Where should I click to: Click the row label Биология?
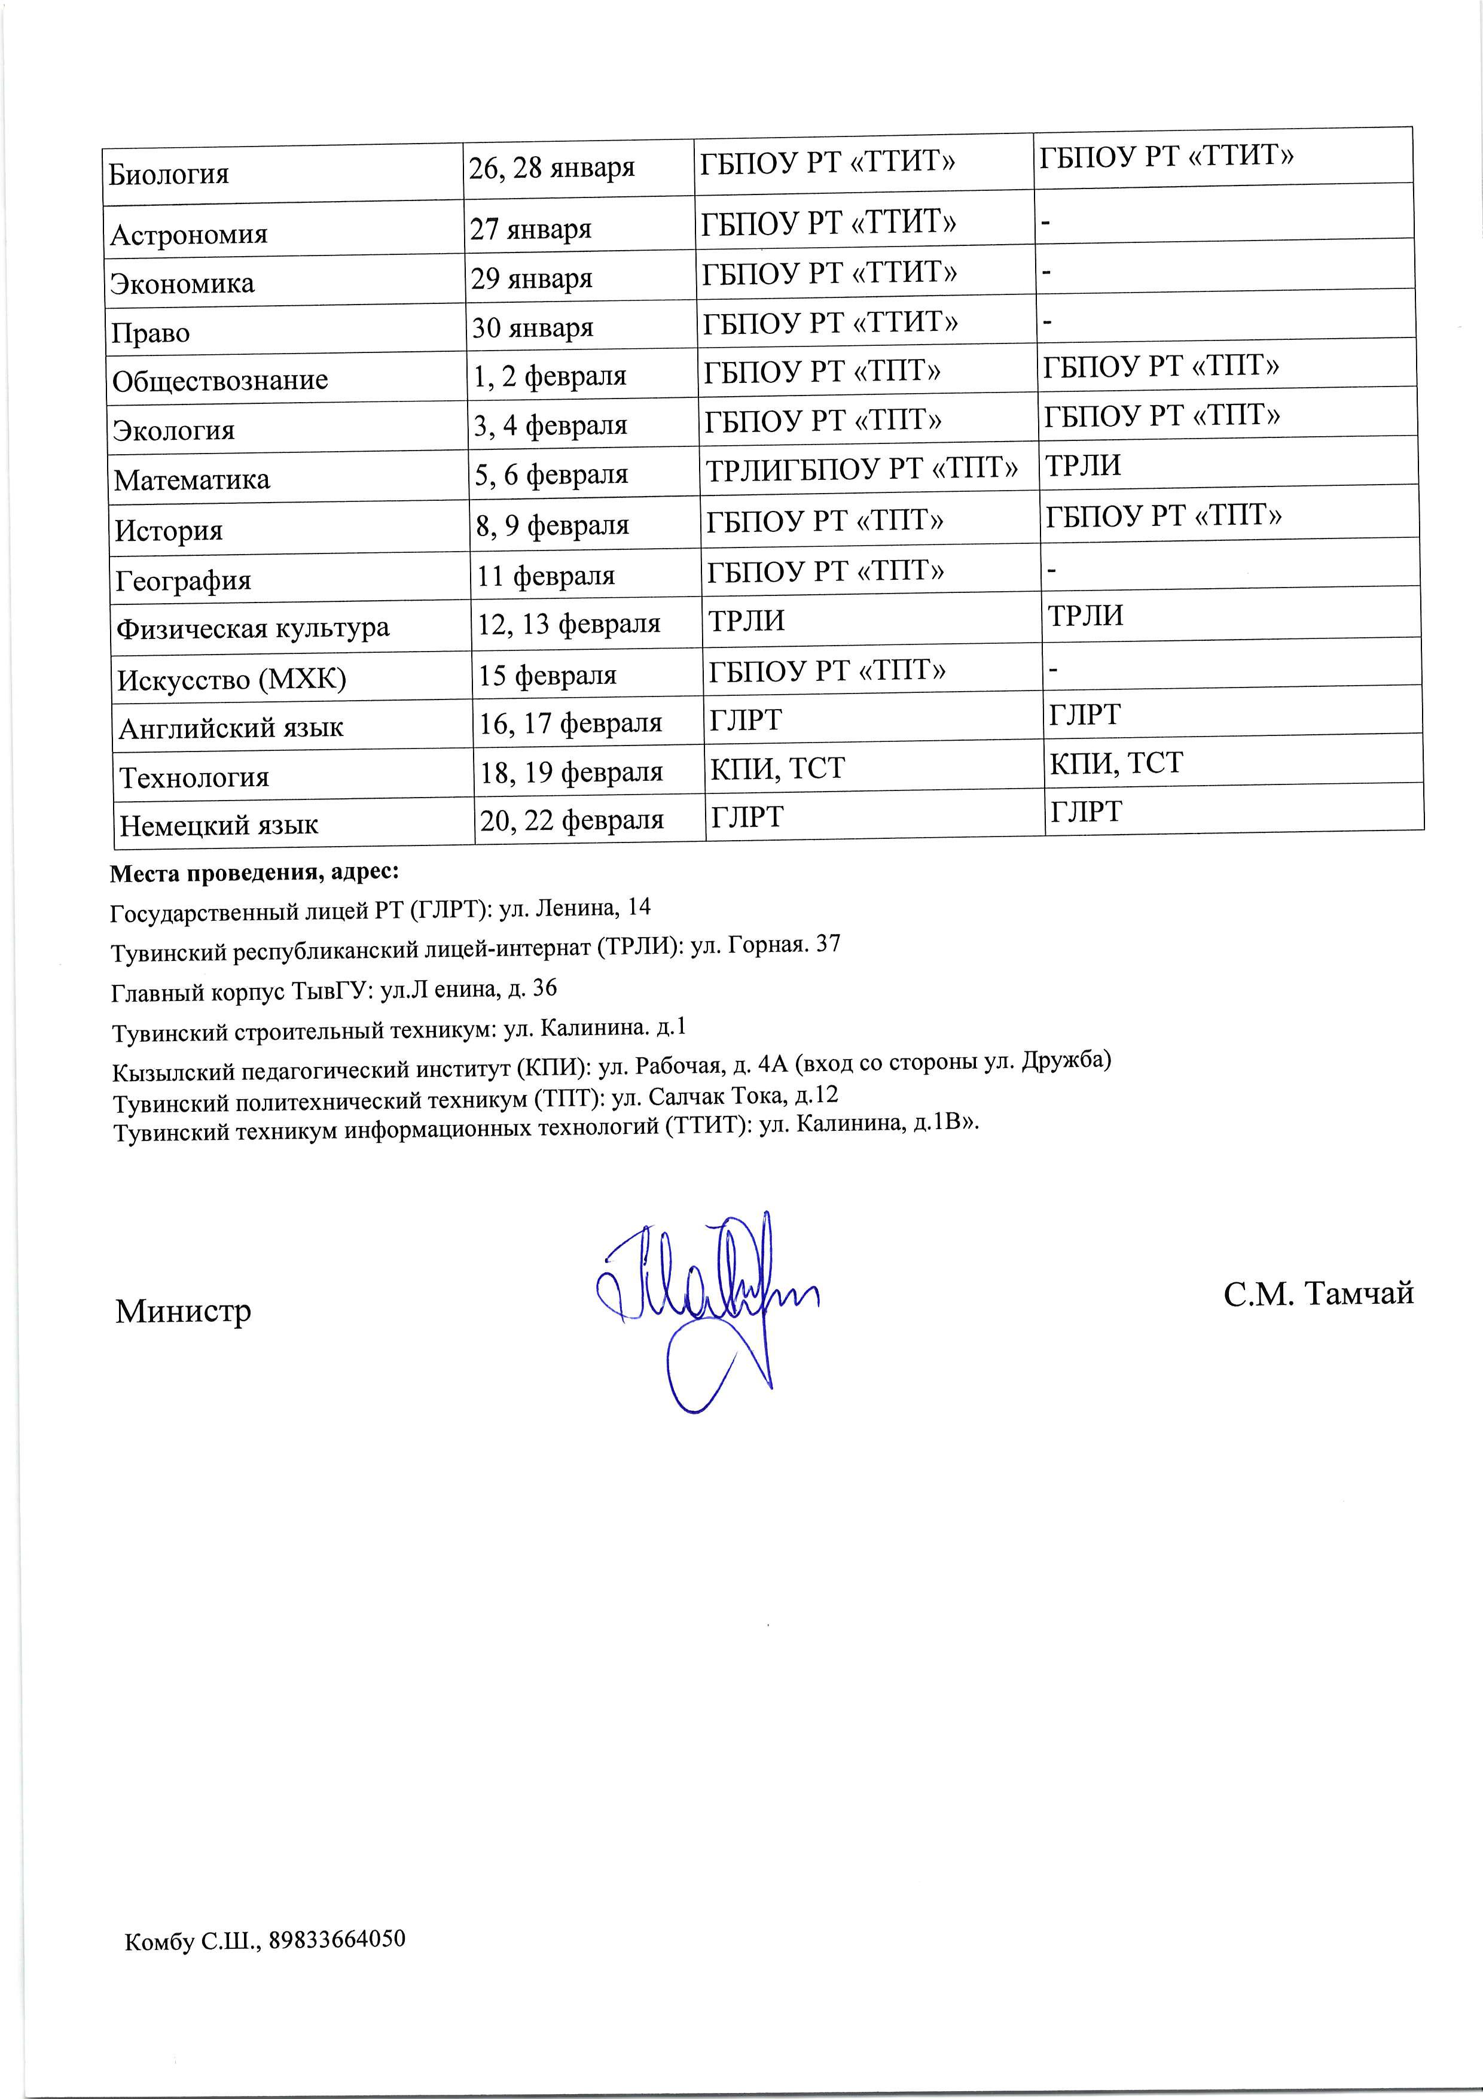point(169,174)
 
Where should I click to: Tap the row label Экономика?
point(182,284)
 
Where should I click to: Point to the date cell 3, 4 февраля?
point(550,425)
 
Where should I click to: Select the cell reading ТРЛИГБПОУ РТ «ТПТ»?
point(860,470)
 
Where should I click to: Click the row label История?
point(169,530)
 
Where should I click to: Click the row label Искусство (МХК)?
point(232,679)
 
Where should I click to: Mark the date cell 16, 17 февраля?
point(571,723)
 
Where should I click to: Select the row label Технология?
point(194,777)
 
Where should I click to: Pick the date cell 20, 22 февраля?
point(572,820)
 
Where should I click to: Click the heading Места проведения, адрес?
point(254,873)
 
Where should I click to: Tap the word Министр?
point(183,1311)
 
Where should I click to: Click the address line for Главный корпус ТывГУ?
point(334,989)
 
